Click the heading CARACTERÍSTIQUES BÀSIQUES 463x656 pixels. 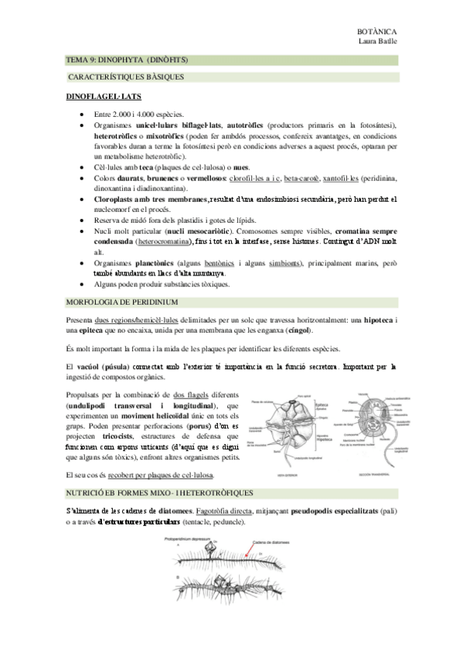click(x=125, y=78)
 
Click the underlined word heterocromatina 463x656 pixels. click(x=166, y=241)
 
